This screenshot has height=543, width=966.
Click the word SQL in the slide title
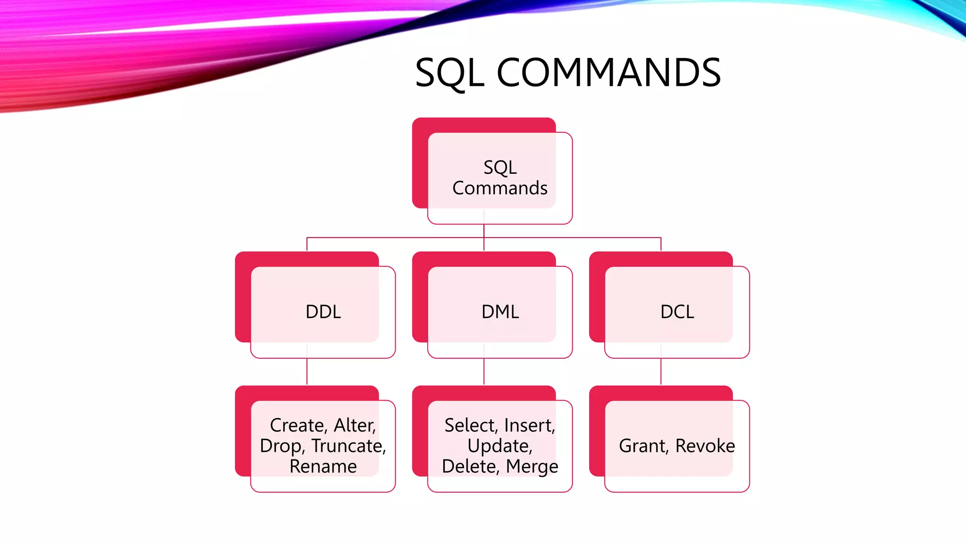(x=449, y=73)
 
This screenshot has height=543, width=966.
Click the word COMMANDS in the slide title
(x=608, y=73)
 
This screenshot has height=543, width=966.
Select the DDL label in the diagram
(x=323, y=312)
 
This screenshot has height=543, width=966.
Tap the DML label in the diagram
(x=500, y=312)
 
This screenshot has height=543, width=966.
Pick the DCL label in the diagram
(x=677, y=312)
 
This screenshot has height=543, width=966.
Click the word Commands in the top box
(x=500, y=188)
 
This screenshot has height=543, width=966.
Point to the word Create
(x=298, y=425)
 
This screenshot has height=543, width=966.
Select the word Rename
(x=323, y=467)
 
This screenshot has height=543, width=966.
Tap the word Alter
(x=355, y=425)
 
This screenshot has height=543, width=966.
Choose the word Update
(x=500, y=446)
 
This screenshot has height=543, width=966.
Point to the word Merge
(x=532, y=467)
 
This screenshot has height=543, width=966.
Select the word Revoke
(x=705, y=446)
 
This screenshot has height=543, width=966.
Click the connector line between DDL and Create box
(x=307, y=371)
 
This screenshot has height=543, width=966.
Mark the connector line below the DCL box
(x=661, y=371)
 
